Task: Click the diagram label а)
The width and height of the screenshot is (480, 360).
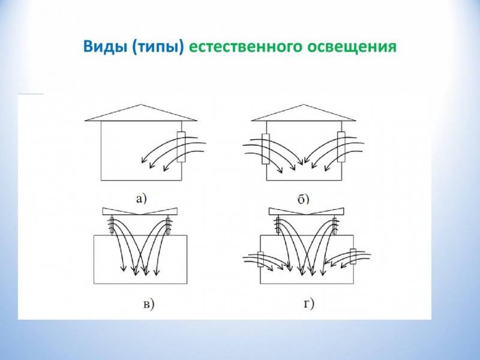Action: point(142,199)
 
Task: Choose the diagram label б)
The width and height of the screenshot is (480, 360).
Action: point(304,199)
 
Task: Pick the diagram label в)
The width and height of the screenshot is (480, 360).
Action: point(149,305)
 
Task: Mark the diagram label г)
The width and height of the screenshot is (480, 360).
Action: point(309,304)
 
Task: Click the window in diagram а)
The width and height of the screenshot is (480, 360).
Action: point(181,147)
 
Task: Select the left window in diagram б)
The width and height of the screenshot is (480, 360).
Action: point(265,149)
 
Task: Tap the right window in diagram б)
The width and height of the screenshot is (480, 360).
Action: point(341,147)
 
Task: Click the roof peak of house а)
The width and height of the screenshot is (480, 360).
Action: point(140,104)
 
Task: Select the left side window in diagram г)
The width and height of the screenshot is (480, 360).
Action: point(261,259)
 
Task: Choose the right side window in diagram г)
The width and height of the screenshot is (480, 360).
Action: point(353,256)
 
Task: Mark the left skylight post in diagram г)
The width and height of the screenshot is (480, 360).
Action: point(278,226)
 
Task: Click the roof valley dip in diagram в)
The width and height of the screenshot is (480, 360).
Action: point(140,215)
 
